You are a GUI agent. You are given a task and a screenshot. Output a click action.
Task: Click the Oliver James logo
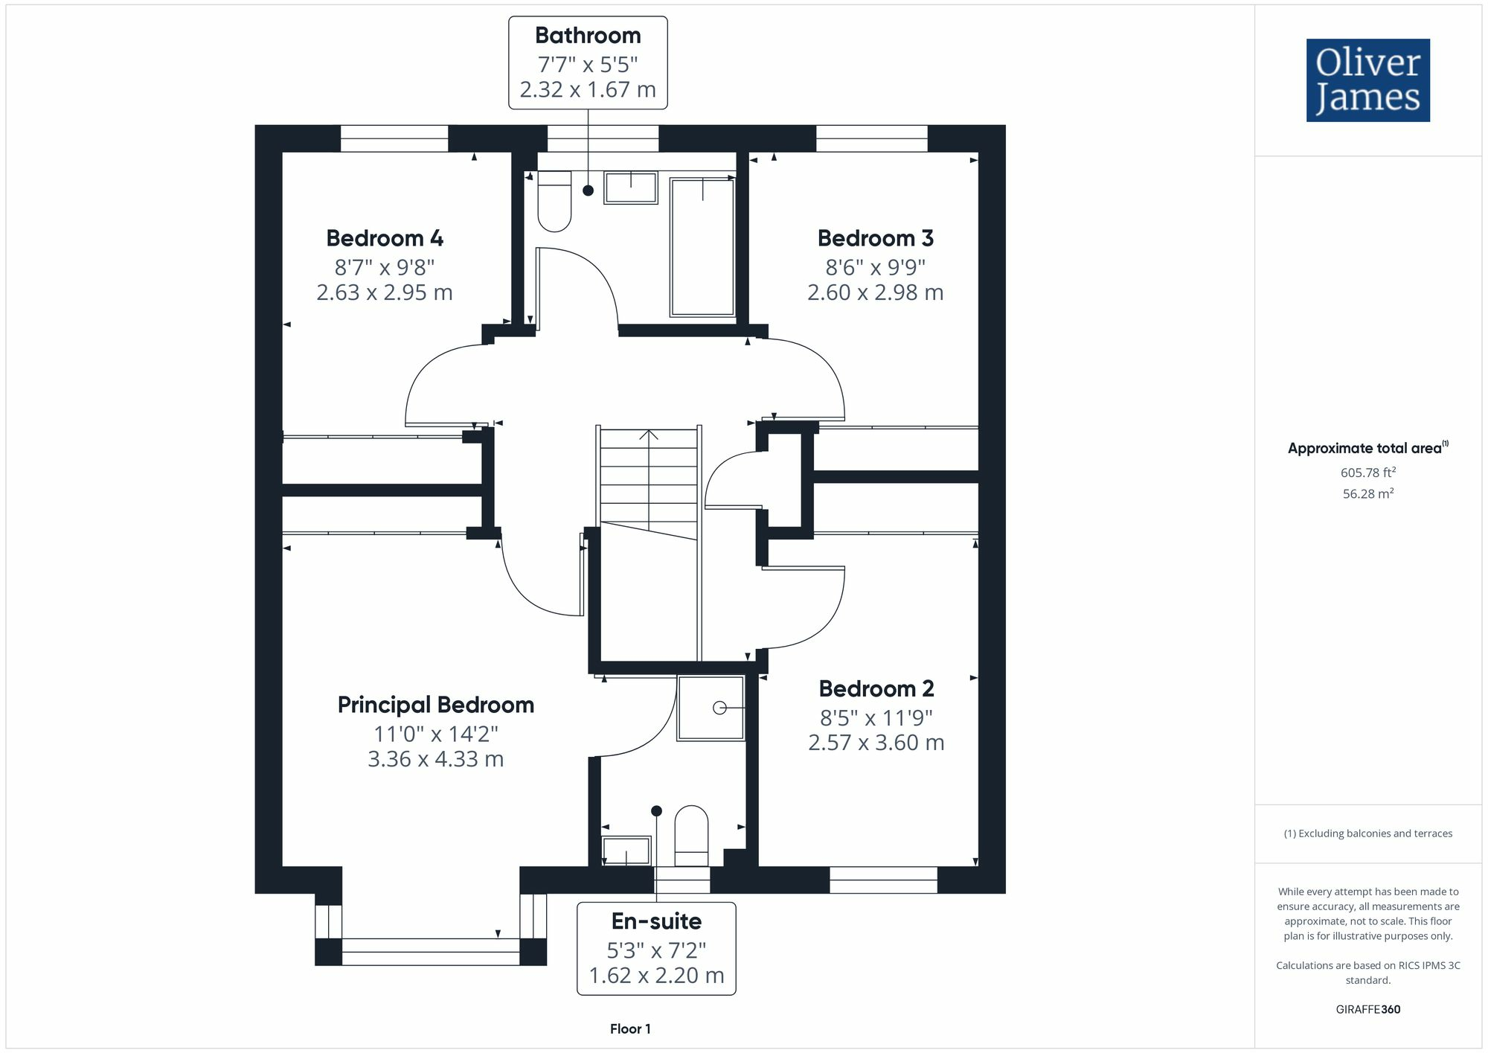pyautogui.click(x=1367, y=80)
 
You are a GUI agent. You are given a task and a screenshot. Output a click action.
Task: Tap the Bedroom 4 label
pyautogui.click(x=385, y=238)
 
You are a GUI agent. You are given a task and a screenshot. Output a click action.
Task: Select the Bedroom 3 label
pyautogui.click(x=875, y=238)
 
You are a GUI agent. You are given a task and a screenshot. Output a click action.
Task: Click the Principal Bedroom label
pyautogui.click(x=436, y=705)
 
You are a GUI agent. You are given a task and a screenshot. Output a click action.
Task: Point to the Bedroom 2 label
pyautogui.click(x=876, y=688)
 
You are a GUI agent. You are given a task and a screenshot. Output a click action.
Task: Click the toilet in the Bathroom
pyautogui.click(x=554, y=201)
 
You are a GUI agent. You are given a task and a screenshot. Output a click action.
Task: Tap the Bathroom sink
pyautogui.click(x=631, y=188)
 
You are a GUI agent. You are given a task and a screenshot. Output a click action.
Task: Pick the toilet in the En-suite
pyautogui.click(x=691, y=835)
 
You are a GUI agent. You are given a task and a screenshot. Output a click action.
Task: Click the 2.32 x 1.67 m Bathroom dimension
pyautogui.click(x=588, y=89)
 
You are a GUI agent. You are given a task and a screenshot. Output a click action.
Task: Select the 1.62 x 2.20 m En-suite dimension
pyautogui.click(x=656, y=975)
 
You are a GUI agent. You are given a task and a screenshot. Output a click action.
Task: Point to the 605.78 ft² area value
pyautogui.click(x=1367, y=473)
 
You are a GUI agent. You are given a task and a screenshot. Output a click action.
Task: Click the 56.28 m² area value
pyautogui.click(x=1367, y=493)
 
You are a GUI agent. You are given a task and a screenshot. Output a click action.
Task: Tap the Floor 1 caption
pyautogui.click(x=630, y=1029)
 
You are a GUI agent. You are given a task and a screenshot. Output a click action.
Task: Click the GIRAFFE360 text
pyautogui.click(x=1367, y=1010)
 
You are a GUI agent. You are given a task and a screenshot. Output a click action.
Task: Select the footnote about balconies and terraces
pyautogui.click(x=1367, y=833)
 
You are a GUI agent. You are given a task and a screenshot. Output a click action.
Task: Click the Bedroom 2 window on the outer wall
pyautogui.click(x=883, y=880)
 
